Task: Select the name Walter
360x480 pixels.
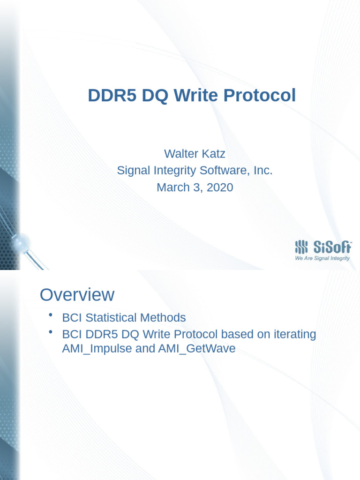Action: tap(181, 153)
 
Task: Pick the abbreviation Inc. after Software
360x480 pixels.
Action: tap(263, 170)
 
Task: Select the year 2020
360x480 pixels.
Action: tap(217, 187)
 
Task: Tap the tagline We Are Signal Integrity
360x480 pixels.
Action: tap(322, 258)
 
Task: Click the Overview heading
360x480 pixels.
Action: tap(77, 295)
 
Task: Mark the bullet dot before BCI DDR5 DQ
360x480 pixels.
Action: tap(50, 332)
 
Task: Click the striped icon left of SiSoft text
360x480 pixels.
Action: tap(302, 247)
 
